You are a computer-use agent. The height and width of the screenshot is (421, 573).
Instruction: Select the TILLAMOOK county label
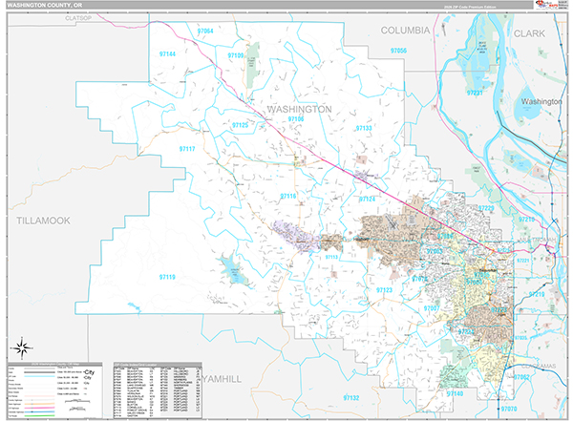click(44, 221)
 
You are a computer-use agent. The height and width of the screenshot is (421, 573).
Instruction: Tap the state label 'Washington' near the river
click(541, 100)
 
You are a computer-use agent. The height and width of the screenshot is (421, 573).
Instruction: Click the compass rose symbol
click(22, 347)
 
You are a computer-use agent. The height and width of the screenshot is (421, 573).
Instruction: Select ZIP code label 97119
click(166, 277)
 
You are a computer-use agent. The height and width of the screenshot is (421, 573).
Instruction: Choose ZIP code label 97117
click(187, 149)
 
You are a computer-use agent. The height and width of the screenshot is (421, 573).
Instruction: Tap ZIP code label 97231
click(475, 93)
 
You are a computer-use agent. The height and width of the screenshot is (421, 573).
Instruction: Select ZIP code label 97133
click(364, 127)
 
